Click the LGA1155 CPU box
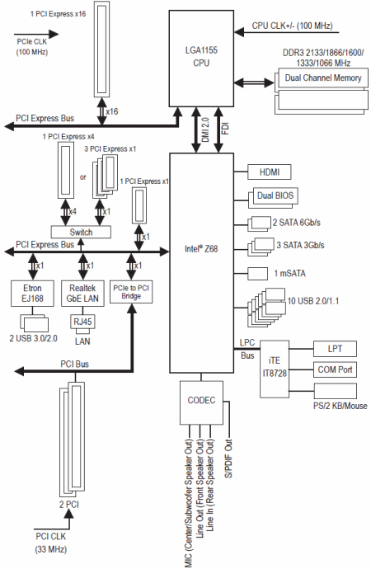coord(201,59)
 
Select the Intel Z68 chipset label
coord(201,249)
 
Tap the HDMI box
coord(270,172)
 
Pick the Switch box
coord(81,233)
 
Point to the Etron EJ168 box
coord(33,294)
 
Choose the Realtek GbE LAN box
coord(82,294)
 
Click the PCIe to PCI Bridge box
coord(131,292)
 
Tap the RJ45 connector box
coord(82,322)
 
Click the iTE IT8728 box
coord(275,369)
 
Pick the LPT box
coord(335,349)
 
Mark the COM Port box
coord(335,369)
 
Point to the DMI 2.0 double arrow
coord(196,130)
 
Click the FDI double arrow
coord(218,130)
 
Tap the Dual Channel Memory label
coord(323,78)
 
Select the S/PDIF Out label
coord(228,458)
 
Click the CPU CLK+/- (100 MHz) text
coord(293,26)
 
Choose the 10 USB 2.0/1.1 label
coord(313,301)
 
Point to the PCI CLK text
coord(51,536)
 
